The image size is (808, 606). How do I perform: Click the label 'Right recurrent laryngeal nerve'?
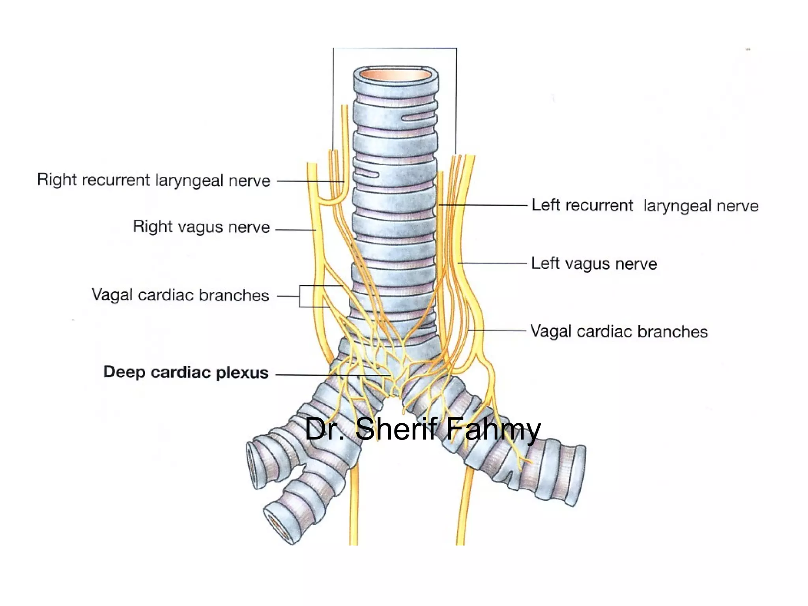pos(153,180)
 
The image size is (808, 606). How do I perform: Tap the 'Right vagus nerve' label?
pos(201,227)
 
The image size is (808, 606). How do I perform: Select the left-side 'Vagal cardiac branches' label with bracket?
pos(180,295)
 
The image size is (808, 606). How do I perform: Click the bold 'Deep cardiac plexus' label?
pos(186,372)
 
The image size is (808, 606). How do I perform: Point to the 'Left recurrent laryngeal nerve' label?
pos(645,206)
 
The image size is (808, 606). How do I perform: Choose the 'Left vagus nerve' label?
pos(594,264)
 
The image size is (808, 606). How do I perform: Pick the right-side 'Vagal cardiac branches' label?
pos(619,331)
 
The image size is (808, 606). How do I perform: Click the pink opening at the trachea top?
pos(396,75)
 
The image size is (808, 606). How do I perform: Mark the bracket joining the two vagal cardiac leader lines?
pos(300,296)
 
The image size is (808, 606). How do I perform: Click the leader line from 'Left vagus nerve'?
pos(492,263)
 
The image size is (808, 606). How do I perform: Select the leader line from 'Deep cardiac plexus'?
pos(331,374)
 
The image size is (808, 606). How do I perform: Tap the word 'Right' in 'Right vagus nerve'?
pos(148,226)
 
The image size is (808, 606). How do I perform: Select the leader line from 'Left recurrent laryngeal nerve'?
pos(483,205)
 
